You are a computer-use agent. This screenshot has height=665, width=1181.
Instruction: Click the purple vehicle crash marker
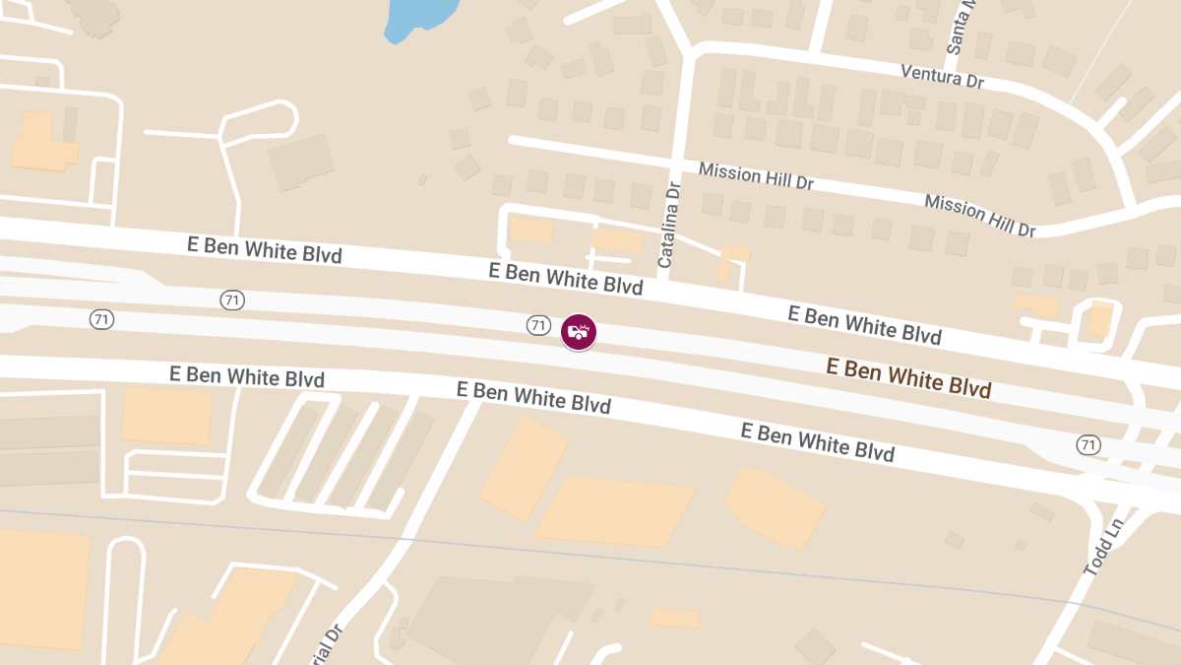579,332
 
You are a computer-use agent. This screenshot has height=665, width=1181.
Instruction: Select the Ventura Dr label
943,75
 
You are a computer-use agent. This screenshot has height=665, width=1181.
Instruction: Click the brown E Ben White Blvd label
907,378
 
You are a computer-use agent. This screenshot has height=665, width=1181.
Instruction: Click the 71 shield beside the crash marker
537,325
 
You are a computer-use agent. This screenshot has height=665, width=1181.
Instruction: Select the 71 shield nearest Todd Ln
1088,445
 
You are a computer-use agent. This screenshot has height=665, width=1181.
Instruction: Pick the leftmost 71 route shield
100,319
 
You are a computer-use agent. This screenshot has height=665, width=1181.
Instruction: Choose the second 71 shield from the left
232,300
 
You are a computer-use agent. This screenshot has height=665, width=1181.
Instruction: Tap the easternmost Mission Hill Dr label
979,216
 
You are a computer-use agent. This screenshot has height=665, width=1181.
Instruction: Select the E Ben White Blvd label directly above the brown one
864,324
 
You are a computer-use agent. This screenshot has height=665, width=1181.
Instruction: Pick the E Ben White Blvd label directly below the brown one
817,442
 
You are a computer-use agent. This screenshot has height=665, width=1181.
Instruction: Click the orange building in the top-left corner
42,144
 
